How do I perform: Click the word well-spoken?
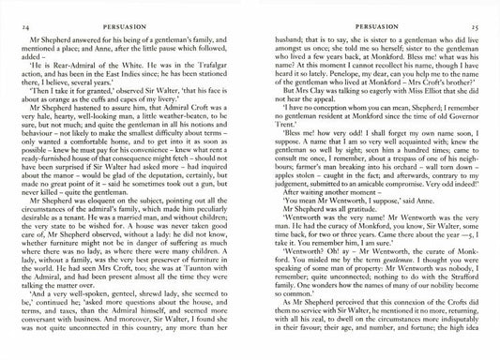[106, 318]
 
